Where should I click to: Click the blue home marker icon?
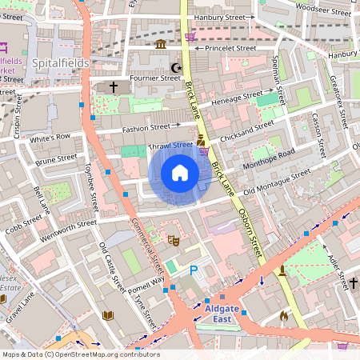180,173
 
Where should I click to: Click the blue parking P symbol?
193,272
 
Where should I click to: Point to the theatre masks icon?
173,239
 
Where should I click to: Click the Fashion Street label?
146,127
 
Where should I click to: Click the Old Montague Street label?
277,182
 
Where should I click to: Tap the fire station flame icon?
283,316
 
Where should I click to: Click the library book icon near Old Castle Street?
108,315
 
